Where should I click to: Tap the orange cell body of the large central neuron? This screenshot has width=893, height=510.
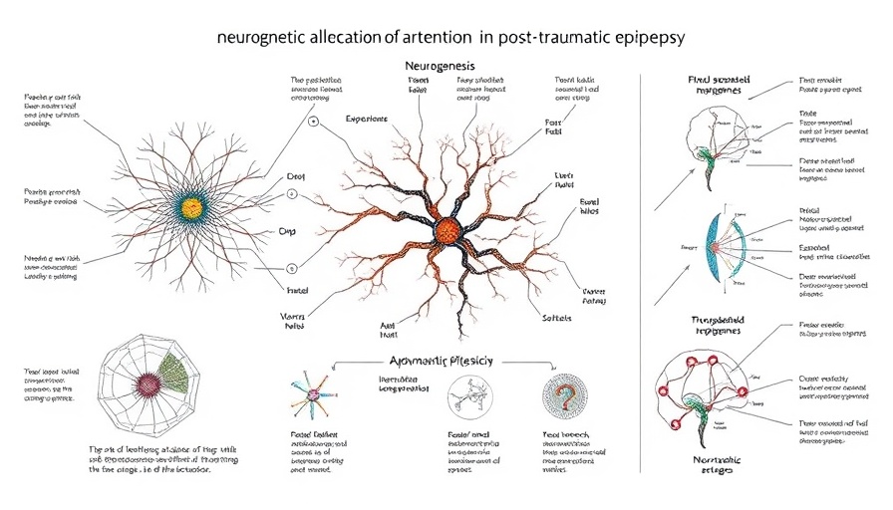tap(446, 232)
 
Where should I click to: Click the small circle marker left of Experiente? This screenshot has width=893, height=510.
tap(314, 122)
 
